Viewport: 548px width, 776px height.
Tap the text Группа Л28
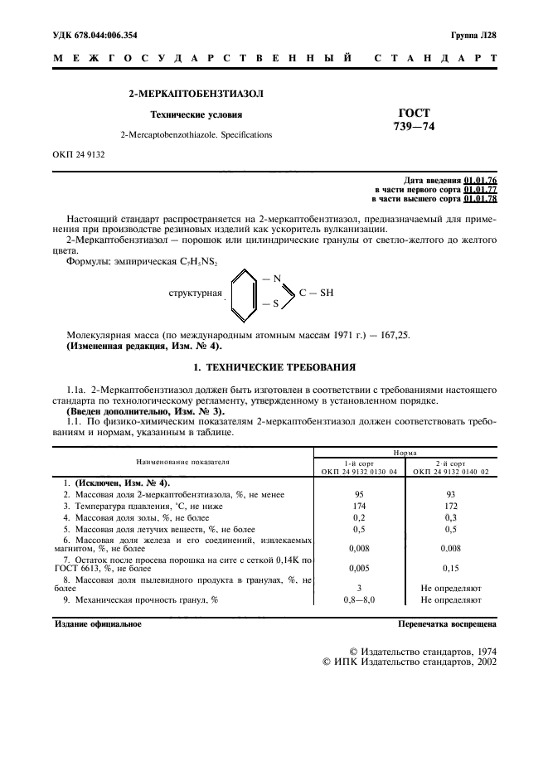[473, 33]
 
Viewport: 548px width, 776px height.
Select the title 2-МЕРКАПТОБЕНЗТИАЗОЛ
[196, 95]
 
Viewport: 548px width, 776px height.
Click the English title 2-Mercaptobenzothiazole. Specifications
[196, 134]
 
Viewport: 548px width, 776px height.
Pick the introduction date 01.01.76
[480, 180]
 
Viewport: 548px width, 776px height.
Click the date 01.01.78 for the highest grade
[480, 198]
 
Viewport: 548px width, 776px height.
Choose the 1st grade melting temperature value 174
[360, 505]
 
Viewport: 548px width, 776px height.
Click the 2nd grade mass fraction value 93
[451, 493]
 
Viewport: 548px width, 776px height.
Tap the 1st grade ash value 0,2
[360, 517]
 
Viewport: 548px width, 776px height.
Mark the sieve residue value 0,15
[451, 569]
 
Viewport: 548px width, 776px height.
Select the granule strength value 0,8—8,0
[360, 599]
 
